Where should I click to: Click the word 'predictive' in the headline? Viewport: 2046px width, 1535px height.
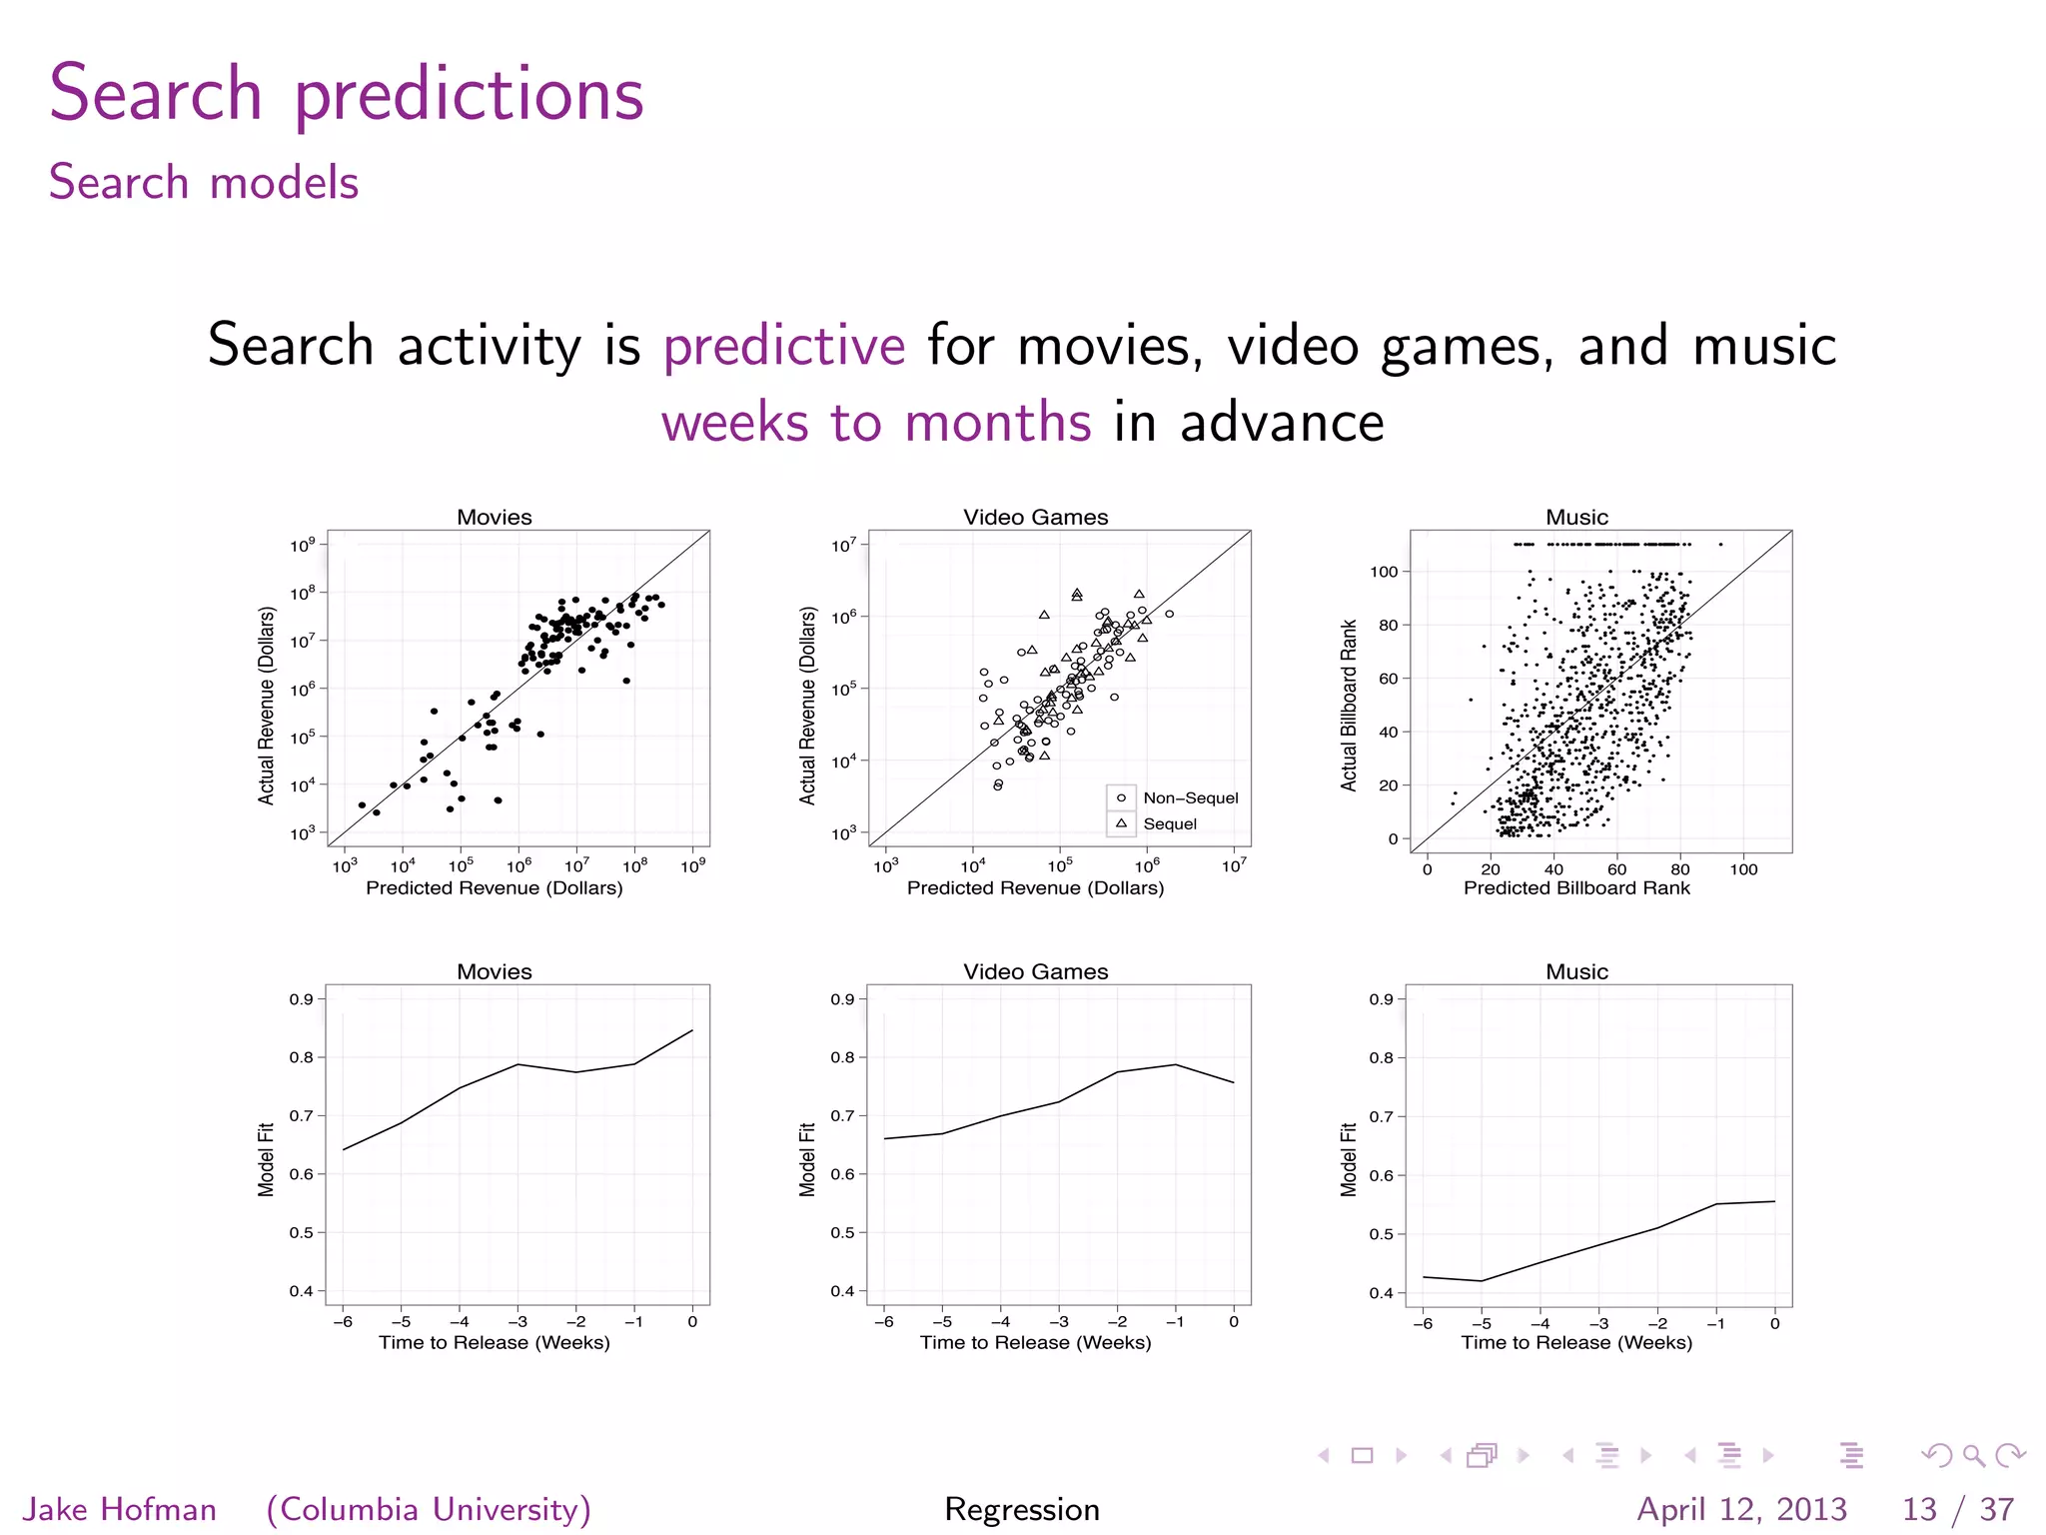pos(784,347)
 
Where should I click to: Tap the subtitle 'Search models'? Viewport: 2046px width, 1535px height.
pos(204,183)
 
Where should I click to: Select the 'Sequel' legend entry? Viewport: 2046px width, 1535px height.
pos(1169,824)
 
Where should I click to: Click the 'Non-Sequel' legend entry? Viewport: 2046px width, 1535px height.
pos(1190,797)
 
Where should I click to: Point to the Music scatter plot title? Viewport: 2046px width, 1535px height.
pos(1576,517)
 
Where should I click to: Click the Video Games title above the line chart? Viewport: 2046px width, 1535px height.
pos(1035,971)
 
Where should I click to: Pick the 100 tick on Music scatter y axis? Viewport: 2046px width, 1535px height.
pos(1384,572)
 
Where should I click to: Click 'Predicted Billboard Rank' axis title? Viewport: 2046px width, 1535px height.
pos(1576,887)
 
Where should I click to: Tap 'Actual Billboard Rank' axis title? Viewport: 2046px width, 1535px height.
pos(1349,706)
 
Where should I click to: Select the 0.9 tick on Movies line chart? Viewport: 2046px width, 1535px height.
pos(301,999)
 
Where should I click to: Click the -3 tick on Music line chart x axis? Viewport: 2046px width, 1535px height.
pos(1598,1323)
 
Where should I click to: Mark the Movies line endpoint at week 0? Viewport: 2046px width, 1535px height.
pos(692,1030)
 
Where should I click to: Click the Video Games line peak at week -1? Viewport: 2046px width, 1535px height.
pos(1176,1064)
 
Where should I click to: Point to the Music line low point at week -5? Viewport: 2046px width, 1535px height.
pos(1482,1281)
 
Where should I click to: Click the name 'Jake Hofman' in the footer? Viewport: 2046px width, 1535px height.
pos(120,1509)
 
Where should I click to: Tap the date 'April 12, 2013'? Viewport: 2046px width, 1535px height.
pos(1741,1509)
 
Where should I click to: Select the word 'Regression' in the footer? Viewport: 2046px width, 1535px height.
pos(1022,1509)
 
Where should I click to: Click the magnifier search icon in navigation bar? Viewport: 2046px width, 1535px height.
pos(1973,1455)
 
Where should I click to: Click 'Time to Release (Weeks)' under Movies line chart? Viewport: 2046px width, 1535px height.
pos(494,1342)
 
